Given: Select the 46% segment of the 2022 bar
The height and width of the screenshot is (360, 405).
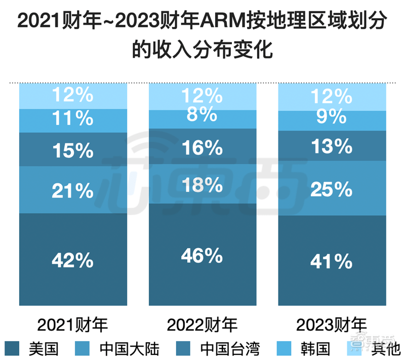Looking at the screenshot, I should (202, 255).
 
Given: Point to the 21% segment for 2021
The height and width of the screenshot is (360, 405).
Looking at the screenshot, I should (72, 191).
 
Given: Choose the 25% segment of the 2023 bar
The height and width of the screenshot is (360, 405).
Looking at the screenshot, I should (332, 189).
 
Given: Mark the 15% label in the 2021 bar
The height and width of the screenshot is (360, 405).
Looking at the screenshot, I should (72, 150).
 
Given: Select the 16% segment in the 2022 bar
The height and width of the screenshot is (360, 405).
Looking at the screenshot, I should (202, 148).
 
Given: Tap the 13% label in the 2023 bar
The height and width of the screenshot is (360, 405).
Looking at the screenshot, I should (332, 146).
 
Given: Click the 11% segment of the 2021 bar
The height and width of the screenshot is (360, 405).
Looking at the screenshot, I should (72, 119).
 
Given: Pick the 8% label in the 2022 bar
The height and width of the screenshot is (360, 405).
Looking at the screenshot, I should (202, 114).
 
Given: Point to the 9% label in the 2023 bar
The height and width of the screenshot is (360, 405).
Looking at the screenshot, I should (332, 118).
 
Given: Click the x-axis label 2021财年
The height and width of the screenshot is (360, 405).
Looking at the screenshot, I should (73, 324).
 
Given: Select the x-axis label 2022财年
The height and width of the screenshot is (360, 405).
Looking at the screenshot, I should (202, 324).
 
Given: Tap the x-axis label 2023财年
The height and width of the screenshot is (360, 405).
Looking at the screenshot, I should (332, 324).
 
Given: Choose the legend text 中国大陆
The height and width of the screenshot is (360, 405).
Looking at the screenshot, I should (130, 348).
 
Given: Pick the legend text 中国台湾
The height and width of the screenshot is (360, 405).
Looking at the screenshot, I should (230, 348).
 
